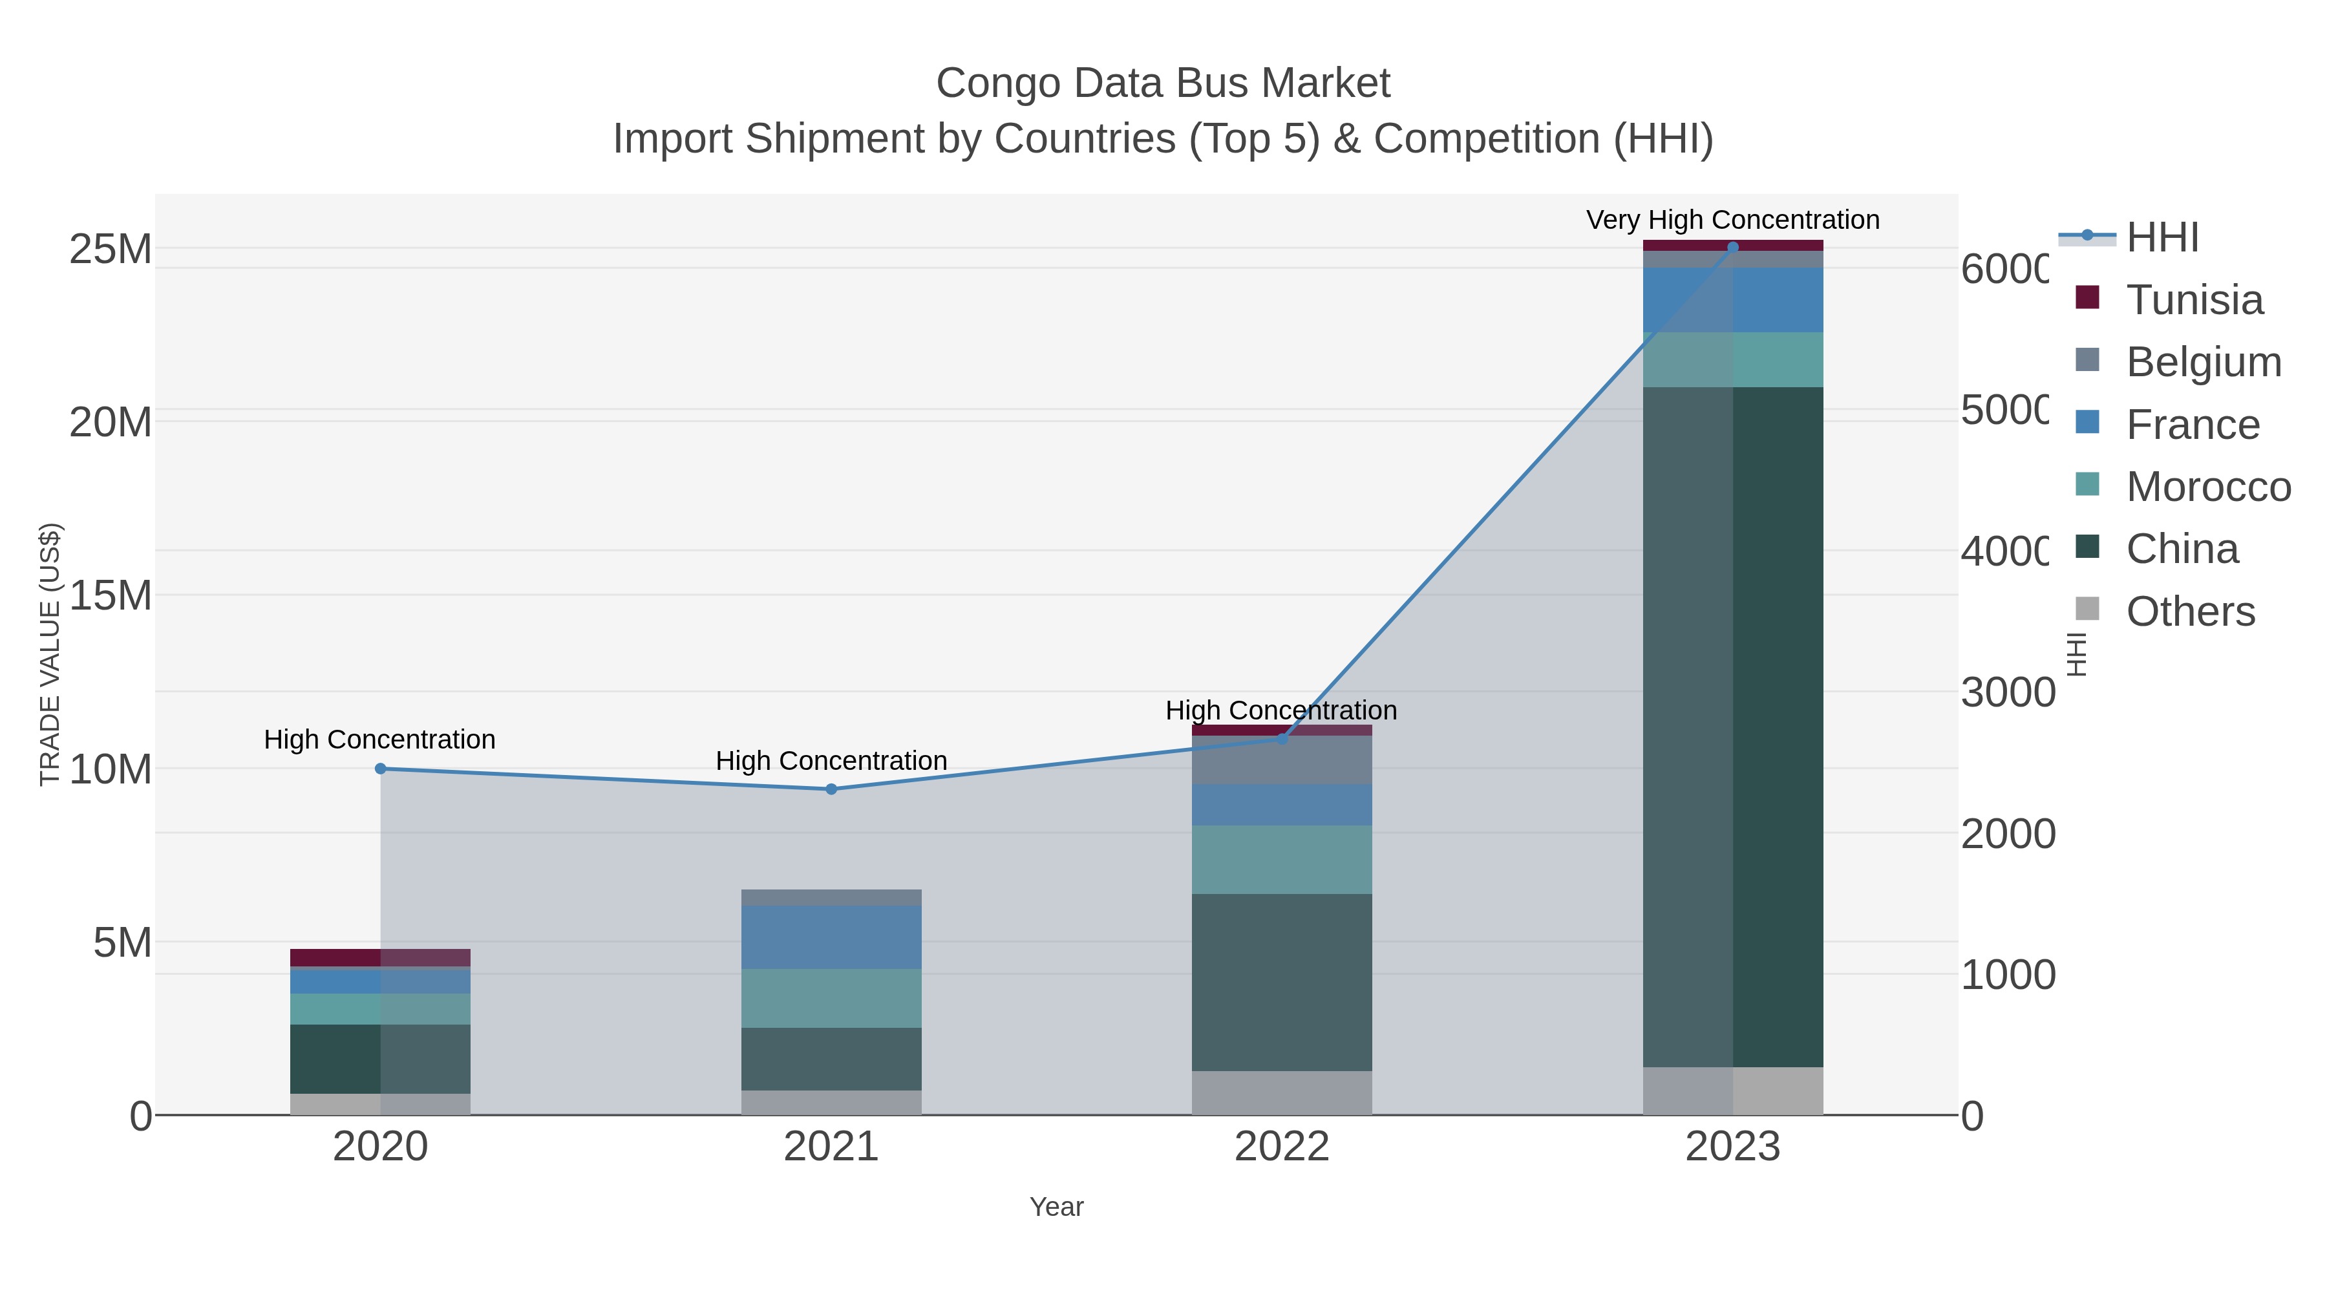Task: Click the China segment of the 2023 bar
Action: [x=1732, y=727]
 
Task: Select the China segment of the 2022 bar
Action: [x=1281, y=982]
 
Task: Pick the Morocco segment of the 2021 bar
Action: [x=831, y=998]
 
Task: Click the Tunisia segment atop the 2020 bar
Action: [x=379, y=957]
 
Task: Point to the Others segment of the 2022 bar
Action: [x=1281, y=1092]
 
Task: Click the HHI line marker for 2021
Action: [x=831, y=789]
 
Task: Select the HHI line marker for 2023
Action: [x=1732, y=247]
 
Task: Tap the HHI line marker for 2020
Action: [x=380, y=769]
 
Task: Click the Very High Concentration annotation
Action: [x=1732, y=220]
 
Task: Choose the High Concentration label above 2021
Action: [x=831, y=761]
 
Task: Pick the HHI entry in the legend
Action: [x=2161, y=238]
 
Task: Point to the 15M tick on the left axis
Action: [x=110, y=595]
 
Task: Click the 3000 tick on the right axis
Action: [x=2007, y=693]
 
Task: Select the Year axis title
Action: [x=1056, y=1207]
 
